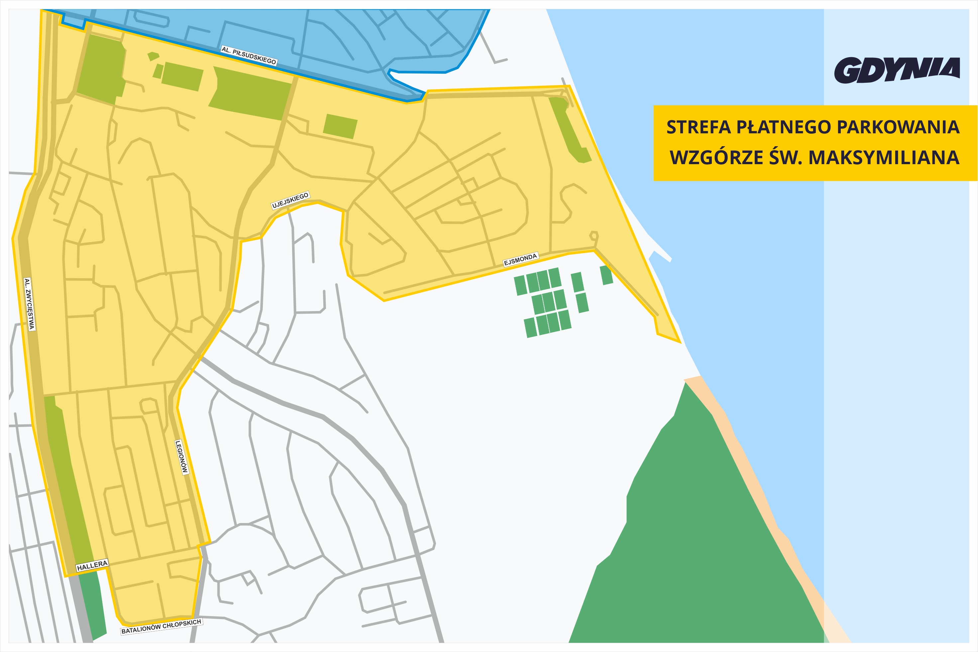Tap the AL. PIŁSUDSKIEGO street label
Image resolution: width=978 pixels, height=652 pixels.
coord(249,55)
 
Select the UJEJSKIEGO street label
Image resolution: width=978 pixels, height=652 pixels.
coord(290,200)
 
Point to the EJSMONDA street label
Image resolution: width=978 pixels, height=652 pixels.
coord(521,260)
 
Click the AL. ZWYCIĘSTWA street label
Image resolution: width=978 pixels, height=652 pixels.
coord(29,304)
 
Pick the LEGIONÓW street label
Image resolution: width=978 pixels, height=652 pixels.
coord(182,457)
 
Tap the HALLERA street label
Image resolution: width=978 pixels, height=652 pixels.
coord(92,565)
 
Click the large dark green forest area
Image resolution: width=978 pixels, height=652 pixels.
coord(699,541)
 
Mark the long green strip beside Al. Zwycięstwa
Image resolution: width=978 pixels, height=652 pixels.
coord(68,478)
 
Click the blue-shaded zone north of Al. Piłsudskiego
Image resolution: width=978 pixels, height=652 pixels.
coord(333,38)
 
